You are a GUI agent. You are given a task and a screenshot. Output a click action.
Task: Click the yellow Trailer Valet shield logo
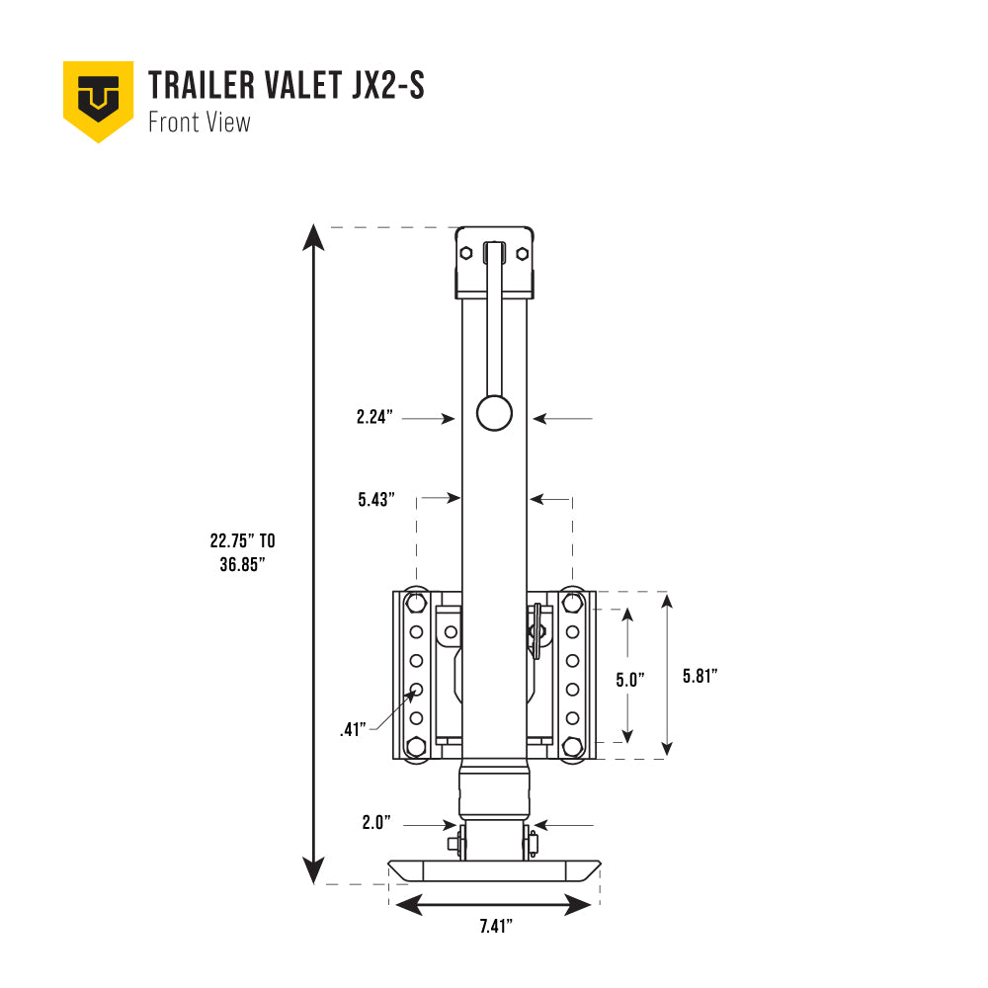tap(98, 100)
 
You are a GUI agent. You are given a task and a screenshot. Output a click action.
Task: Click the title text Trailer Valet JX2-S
tap(286, 86)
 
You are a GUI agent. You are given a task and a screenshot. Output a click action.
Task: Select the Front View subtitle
tap(199, 123)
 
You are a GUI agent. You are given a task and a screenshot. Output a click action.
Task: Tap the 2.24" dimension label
tap(375, 419)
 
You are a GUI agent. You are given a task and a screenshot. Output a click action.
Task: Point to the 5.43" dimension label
tap(376, 500)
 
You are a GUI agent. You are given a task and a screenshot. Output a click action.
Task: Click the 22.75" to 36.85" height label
tap(242, 553)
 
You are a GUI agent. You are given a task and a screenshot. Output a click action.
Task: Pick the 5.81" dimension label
tap(700, 677)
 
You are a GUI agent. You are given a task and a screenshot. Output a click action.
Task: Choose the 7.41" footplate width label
tap(495, 927)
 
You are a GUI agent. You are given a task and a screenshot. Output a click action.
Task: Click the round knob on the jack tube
tap(494, 413)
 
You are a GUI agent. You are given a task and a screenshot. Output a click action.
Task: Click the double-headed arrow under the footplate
tap(494, 903)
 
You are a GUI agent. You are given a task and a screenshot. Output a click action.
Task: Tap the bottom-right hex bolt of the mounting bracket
tap(571, 747)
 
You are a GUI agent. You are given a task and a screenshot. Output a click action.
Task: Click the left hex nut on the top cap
tap(465, 254)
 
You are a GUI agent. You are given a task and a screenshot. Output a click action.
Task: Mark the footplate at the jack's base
tap(494, 870)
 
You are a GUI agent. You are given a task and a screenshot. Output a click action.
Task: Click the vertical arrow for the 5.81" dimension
tap(669, 675)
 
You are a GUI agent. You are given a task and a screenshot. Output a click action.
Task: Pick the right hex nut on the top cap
tap(523, 254)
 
